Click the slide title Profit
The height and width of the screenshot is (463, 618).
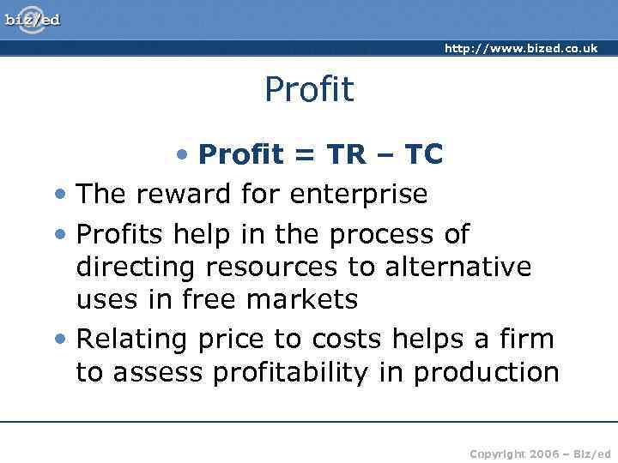point(309,89)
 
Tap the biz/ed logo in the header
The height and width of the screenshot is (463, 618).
point(33,19)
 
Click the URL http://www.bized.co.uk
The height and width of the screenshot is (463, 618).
point(520,49)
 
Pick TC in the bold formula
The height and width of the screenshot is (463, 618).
point(423,154)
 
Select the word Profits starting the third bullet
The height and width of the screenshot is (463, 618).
point(119,234)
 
